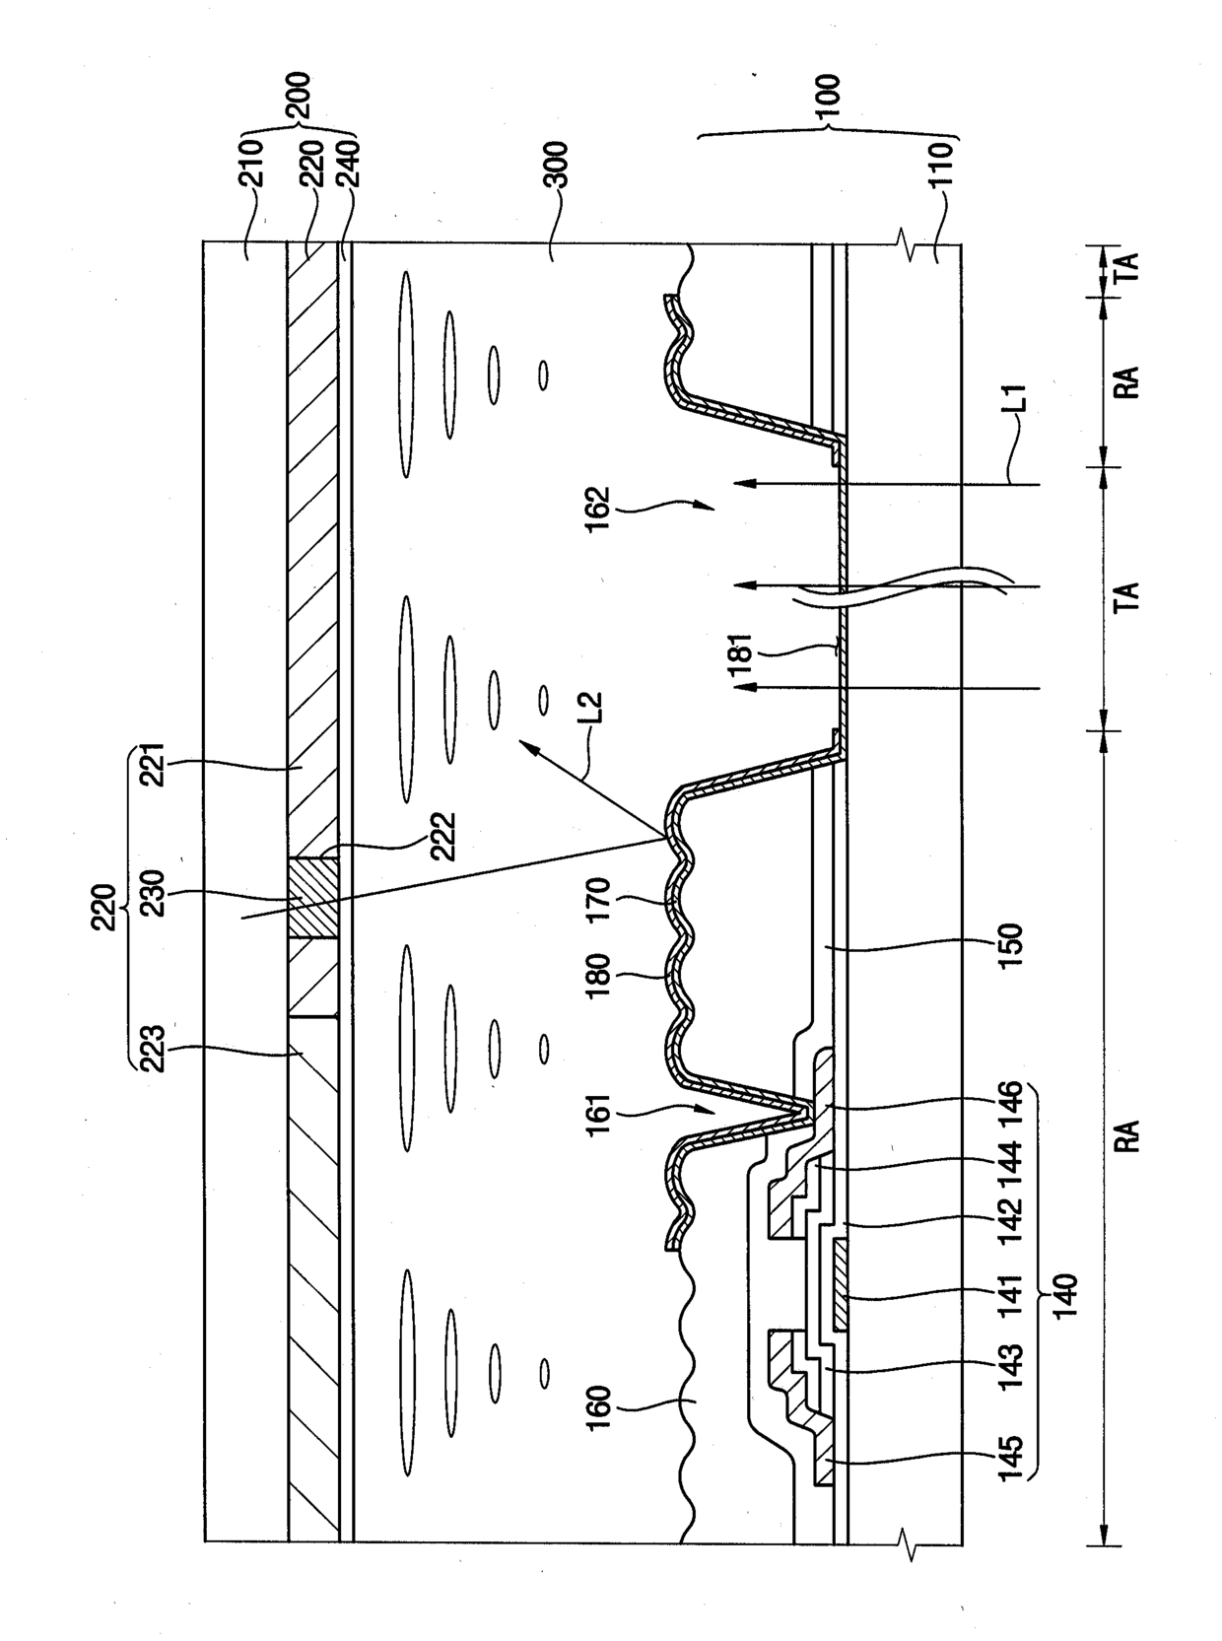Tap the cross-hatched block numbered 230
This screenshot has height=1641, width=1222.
[x=313, y=898]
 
